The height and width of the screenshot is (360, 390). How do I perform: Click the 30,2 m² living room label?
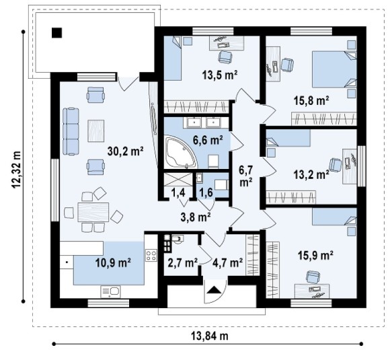coord(125,151)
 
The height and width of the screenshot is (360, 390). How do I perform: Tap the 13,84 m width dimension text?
coord(209,336)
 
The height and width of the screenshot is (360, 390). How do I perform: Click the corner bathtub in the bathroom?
coord(182,152)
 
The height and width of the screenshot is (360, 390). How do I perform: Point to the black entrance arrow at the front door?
coord(214,290)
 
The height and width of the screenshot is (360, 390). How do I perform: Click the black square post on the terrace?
coord(56,32)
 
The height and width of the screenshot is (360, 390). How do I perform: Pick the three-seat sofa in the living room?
coord(71,131)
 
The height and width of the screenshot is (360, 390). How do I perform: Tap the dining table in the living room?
coord(93,212)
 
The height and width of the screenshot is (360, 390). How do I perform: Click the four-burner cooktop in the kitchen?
coord(151,255)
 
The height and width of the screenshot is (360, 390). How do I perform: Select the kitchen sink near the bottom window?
coord(110,291)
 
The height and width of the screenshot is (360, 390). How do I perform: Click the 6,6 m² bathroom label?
coord(208,141)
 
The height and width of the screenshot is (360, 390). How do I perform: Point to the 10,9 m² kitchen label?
coord(114,262)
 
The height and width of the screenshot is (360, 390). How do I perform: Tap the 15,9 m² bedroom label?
coord(315,255)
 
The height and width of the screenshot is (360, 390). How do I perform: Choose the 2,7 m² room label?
coord(183,262)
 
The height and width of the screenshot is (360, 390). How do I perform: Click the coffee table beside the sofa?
coord(96,131)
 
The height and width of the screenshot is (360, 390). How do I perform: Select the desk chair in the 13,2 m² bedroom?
coord(336,165)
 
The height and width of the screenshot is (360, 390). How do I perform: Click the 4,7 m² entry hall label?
coord(227,262)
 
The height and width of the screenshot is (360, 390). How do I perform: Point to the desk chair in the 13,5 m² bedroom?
coord(225,57)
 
